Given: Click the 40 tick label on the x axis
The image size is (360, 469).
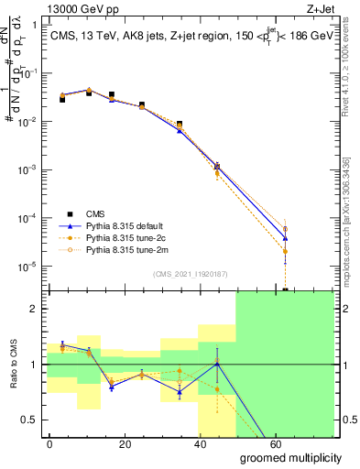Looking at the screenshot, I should pos(207,442).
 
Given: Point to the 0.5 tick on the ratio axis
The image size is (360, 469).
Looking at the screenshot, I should pos(35,420).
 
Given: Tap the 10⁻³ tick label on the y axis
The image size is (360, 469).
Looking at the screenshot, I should pos(29,170).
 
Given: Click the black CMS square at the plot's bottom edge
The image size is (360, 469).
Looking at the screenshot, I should pos(285,289).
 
